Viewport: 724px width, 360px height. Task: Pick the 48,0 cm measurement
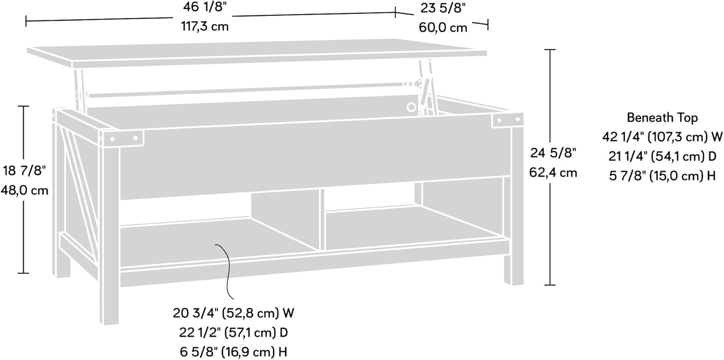(x=25, y=190)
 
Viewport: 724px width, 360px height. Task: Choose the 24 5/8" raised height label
(x=553, y=154)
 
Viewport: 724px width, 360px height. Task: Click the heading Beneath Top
(x=662, y=117)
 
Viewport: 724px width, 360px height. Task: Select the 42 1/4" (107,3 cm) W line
(x=662, y=137)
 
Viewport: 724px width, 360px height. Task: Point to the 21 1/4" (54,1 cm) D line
(x=662, y=156)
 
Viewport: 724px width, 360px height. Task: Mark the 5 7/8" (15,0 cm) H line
(x=662, y=175)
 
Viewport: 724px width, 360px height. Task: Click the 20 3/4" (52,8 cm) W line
(x=234, y=313)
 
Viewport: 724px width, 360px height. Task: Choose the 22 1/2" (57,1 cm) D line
(x=234, y=332)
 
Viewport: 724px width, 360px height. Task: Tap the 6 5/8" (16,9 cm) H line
(x=234, y=351)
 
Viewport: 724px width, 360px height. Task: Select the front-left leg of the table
(x=109, y=232)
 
